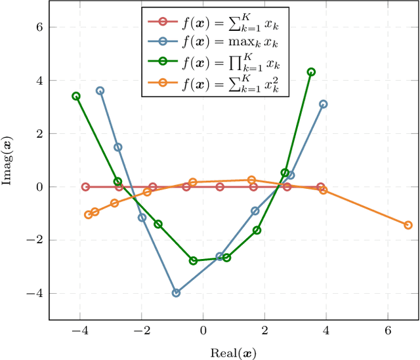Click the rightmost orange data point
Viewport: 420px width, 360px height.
408,225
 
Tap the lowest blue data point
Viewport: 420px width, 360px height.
176,293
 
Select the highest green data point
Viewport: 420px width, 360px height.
311,72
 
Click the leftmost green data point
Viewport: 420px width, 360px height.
76,96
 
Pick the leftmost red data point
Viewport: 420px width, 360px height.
85,187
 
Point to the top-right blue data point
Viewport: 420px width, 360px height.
323,104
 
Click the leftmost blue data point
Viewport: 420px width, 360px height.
100,91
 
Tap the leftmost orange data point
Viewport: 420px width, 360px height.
89,214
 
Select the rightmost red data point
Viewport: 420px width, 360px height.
320,187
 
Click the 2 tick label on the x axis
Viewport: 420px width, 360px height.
264,332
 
